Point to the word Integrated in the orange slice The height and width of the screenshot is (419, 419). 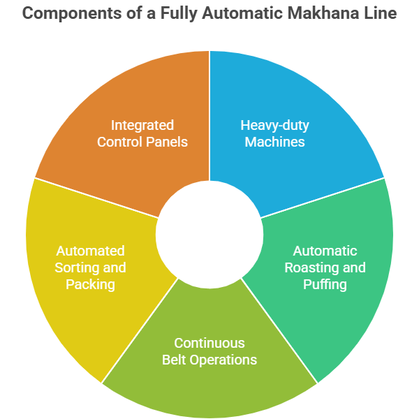[x=142, y=126]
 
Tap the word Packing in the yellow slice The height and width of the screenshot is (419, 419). [x=91, y=285]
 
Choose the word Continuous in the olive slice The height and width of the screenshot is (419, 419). [x=209, y=343]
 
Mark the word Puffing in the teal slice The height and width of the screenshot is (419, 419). [x=325, y=285]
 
